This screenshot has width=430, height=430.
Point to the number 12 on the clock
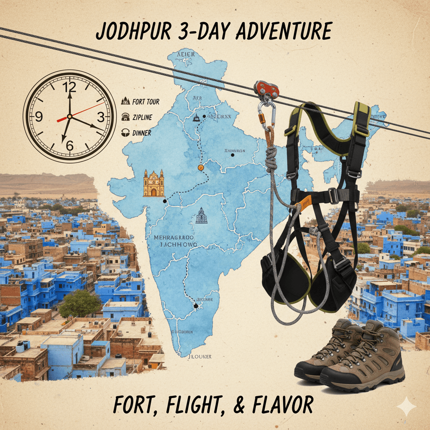click(x=69, y=87)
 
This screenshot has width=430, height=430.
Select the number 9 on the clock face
click(x=39, y=117)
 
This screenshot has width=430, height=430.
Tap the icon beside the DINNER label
click(x=125, y=133)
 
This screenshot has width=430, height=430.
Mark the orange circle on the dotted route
click(x=201, y=168)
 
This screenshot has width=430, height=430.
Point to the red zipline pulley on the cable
click(x=266, y=89)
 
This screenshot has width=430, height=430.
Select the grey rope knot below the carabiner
click(x=271, y=160)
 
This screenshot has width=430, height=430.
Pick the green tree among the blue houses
click(x=80, y=303)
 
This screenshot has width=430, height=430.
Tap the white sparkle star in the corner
click(x=406, y=406)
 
